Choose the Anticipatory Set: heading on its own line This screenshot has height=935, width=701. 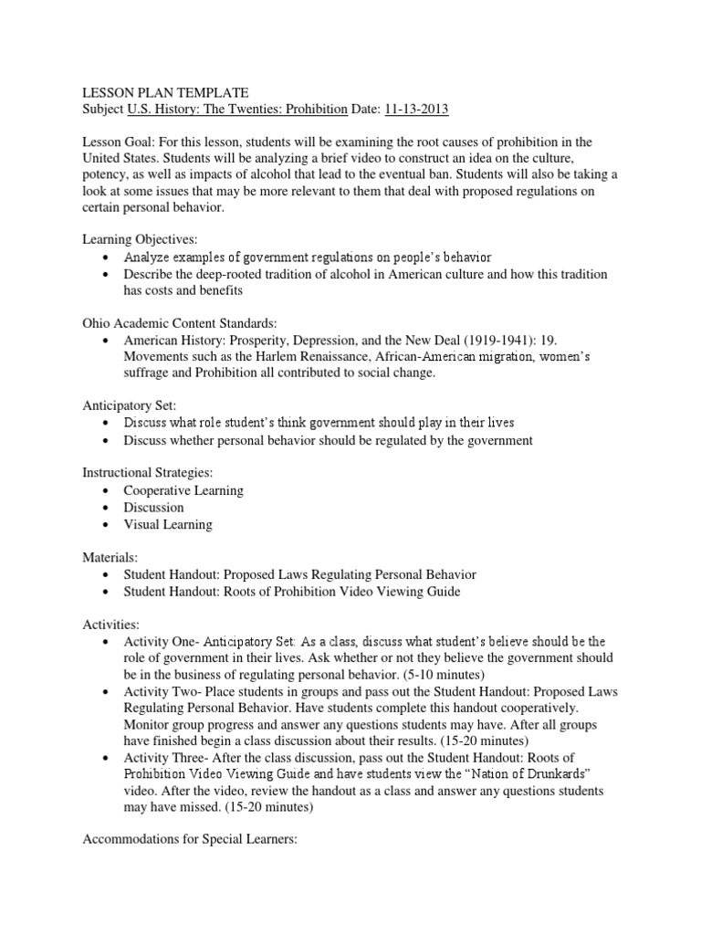point(131,405)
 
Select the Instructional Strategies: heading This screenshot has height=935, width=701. point(149,473)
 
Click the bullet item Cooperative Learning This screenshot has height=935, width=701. point(183,490)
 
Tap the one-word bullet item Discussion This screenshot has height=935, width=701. point(153,507)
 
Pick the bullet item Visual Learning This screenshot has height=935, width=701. point(168,524)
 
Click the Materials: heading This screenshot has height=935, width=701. point(114,558)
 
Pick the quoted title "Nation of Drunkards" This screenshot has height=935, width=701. point(535,774)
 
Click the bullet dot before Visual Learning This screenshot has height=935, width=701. point(107,525)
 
